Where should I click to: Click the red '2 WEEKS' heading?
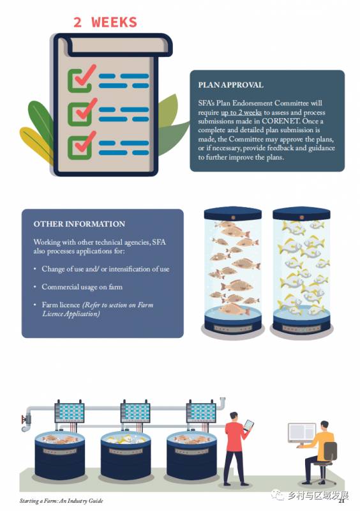(x=105, y=22)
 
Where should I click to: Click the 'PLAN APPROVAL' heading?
(x=230, y=85)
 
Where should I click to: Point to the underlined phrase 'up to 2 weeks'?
(x=241, y=112)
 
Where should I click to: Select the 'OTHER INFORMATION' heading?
(x=79, y=224)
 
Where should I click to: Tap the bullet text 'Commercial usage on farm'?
(x=82, y=287)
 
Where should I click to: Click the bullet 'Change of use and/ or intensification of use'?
(x=105, y=269)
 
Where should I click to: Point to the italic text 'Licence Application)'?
(x=71, y=314)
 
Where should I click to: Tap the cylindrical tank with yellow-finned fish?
(x=301, y=270)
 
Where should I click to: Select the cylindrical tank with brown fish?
(x=232, y=270)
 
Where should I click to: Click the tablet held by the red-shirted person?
(x=248, y=425)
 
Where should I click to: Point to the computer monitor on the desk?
(x=302, y=432)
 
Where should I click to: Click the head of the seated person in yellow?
(x=324, y=426)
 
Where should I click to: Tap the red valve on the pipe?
(x=24, y=420)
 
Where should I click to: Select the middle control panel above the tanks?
(x=135, y=413)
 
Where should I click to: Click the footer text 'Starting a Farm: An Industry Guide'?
(x=61, y=501)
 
